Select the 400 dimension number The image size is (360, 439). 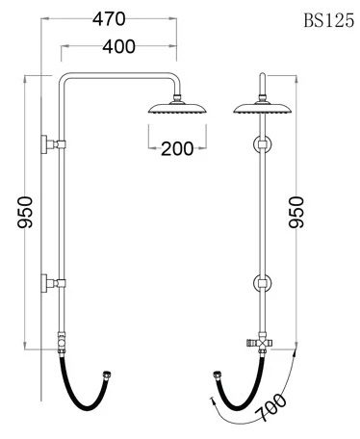pos(119,46)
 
